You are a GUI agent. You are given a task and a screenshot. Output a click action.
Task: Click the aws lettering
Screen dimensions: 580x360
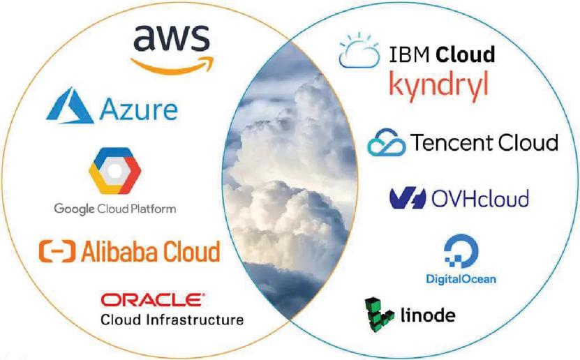coord(172,38)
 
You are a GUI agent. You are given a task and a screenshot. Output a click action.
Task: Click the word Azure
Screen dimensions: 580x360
coord(139,110)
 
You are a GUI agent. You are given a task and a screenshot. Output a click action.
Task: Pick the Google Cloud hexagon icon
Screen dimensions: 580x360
coord(115,170)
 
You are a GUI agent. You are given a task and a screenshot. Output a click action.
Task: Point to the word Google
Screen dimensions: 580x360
coord(75,209)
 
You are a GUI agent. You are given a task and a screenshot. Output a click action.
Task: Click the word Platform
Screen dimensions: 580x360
coord(151,209)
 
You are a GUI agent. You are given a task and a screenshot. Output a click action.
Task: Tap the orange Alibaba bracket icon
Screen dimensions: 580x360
coord(57,251)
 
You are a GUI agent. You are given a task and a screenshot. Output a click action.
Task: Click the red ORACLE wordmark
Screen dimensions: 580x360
coord(153,300)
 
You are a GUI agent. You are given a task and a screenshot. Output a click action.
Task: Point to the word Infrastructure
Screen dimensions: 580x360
coord(195,320)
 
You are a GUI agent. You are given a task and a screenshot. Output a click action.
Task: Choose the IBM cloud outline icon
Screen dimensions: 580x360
coord(359,51)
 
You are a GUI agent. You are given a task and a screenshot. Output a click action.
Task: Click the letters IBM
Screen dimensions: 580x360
coord(409,55)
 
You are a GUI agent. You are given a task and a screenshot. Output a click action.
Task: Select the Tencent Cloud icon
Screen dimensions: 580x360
coord(386,142)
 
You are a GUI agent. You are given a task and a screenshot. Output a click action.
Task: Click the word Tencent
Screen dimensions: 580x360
coord(452,142)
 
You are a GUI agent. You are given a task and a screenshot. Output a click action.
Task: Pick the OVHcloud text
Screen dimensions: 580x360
coord(479,199)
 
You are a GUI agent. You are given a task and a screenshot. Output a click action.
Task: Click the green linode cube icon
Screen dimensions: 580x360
coord(378,315)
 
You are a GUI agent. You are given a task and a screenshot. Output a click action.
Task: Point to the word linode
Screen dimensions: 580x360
coord(428,315)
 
